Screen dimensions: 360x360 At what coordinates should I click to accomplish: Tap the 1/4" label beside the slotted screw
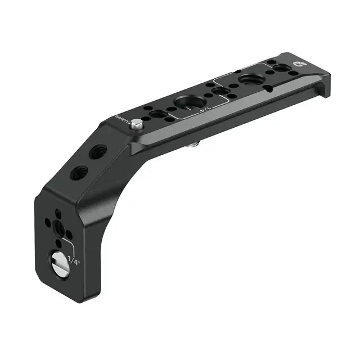73,260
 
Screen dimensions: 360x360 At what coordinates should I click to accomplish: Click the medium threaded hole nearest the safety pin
158,114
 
